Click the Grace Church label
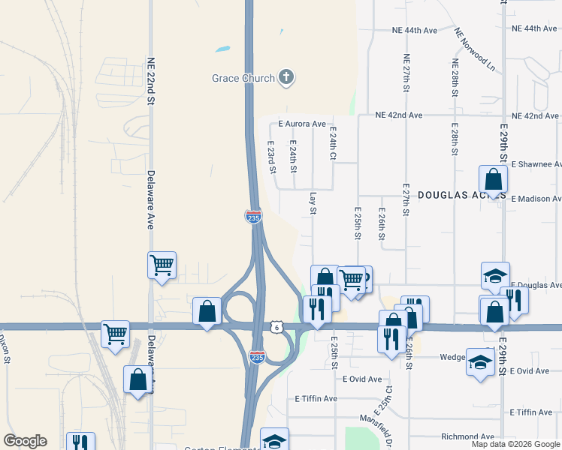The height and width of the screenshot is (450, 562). [x=242, y=78]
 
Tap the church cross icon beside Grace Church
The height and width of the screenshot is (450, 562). [x=286, y=76]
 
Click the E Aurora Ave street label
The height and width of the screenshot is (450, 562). [x=301, y=124]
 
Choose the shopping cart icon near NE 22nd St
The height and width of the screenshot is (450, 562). [x=162, y=265]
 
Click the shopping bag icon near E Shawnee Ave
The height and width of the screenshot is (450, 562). [x=493, y=180]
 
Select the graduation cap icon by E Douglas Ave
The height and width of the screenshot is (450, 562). [x=496, y=275]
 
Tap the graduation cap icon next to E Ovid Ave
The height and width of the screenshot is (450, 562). [x=479, y=362]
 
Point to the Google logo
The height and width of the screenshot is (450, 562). [x=24, y=441]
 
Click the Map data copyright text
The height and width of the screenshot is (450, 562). [x=515, y=444]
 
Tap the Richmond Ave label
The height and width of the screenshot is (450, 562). [x=467, y=436]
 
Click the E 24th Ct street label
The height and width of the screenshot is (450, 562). [x=332, y=142]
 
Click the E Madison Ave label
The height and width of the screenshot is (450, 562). [x=536, y=199]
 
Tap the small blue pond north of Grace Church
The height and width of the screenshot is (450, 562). [x=222, y=50]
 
